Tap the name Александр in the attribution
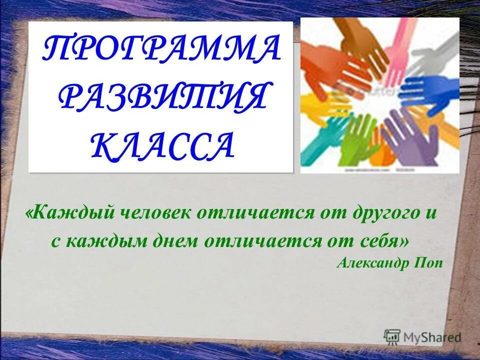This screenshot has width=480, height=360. pyautogui.click(x=372, y=263)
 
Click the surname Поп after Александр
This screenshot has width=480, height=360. pyautogui.click(x=428, y=263)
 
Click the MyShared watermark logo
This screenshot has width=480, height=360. pyautogui.click(x=422, y=337)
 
